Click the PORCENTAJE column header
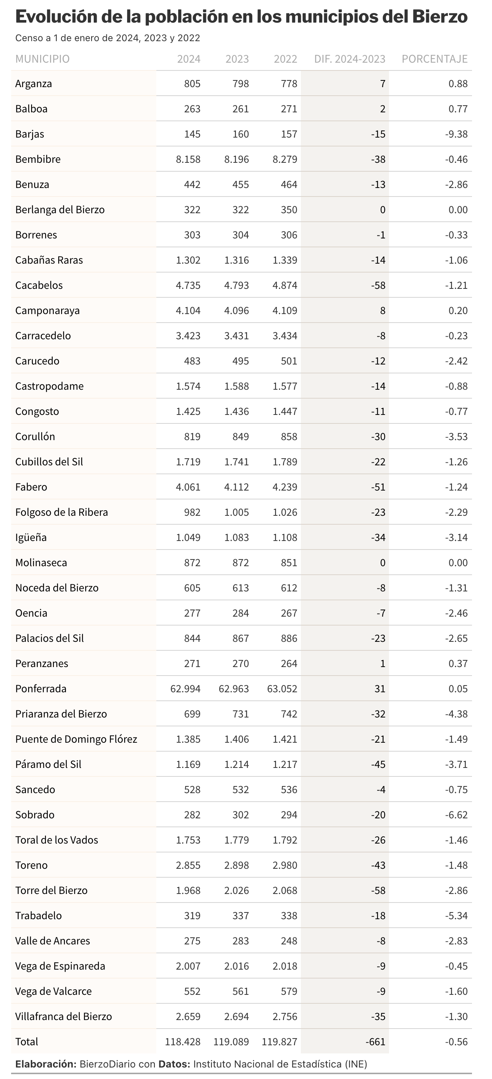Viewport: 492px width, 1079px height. coord(434,59)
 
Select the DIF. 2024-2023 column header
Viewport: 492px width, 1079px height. coord(350,59)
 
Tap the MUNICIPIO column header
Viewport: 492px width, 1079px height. coord(42,59)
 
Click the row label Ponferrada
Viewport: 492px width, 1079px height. coord(41,689)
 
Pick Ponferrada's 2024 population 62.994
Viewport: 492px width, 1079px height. coord(185,689)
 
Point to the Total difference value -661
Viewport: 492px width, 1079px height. coord(375,1042)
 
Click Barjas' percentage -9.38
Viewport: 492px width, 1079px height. coord(456,134)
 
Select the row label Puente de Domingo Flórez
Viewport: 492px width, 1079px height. coord(76,739)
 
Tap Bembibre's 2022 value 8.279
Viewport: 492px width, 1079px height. coord(285,159)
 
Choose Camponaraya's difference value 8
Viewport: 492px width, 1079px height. coord(383,310)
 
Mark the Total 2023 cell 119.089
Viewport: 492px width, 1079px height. coord(231,1042)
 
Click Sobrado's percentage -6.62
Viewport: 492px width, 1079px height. coord(456,815)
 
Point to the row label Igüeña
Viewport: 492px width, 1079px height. coord(31,537)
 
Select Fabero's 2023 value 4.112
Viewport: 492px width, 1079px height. coord(236,487)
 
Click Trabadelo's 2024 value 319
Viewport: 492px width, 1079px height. coord(192,915)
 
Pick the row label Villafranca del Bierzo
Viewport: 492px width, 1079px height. coord(64,1017)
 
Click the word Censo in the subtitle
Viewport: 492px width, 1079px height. coord(29,38)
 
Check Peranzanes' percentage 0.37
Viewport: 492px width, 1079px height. coord(458,663)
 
